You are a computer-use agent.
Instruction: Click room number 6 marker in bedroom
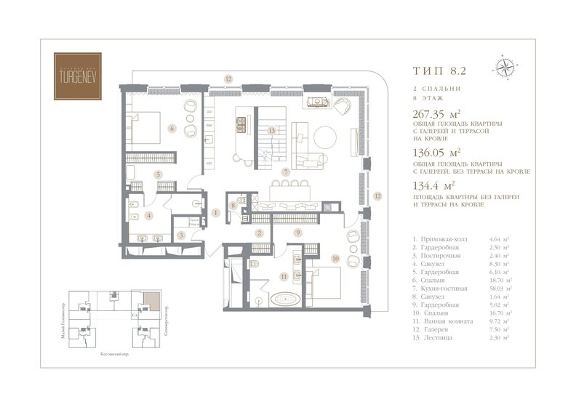[172, 129]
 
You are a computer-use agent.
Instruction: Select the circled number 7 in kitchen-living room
[287, 172]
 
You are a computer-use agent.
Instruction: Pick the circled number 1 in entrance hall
[216, 213]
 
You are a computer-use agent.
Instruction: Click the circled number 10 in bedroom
[335, 257]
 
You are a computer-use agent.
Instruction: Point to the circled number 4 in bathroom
[149, 215]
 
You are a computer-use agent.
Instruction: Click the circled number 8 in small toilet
[233, 206]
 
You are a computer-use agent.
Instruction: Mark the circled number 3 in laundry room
[180, 235]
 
